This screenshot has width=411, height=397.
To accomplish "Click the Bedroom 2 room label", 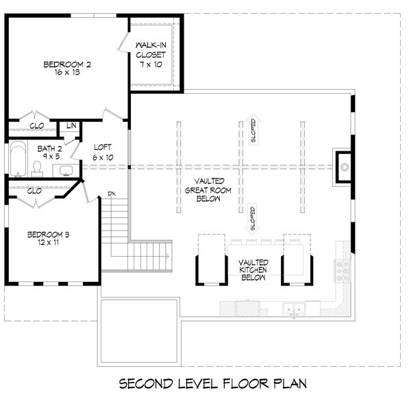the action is click(67, 64).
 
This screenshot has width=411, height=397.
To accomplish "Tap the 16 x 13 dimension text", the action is click(67, 73).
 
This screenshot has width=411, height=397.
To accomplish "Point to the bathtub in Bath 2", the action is click(18, 158).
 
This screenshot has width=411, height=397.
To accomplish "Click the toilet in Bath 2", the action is click(37, 168).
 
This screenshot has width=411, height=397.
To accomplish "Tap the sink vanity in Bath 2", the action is click(66, 170).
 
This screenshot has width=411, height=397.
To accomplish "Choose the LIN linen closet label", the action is click(71, 126).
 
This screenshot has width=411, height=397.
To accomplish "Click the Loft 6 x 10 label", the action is click(103, 152).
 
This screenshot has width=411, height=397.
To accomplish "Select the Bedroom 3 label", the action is click(48, 234).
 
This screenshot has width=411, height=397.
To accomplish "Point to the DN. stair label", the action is click(112, 194).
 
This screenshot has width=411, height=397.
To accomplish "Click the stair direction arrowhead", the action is click(167, 256).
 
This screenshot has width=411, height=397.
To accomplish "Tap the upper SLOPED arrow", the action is click(253, 129).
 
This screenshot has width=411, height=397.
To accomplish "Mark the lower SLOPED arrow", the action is click(253, 218).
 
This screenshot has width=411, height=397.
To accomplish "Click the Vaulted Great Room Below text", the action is click(208, 190).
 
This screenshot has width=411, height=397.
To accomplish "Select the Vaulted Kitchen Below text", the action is click(253, 270).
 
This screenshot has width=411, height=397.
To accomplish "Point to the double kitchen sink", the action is click(294, 309).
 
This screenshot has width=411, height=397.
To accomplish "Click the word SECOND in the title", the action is click(146, 384).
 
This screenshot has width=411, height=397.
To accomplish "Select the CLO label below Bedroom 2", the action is click(37, 126).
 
